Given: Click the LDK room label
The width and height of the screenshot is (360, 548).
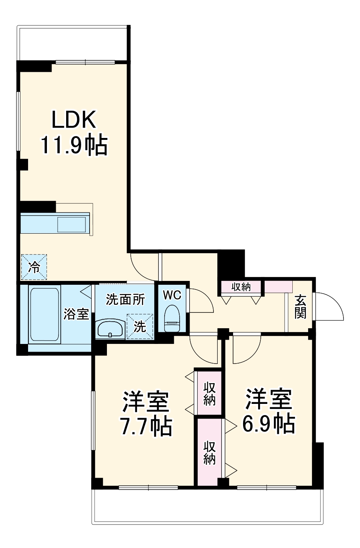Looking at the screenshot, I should click(x=74, y=120).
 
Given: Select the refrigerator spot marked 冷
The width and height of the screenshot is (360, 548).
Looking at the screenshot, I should click(x=34, y=267).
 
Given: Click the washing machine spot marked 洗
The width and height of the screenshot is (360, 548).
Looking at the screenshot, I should click(x=140, y=327).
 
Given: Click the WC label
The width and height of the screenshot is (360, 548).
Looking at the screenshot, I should click(x=172, y=295).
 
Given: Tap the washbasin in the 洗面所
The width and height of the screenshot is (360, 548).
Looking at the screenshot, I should click(x=110, y=329).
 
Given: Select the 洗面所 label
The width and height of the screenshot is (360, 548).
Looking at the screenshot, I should click(x=125, y=300).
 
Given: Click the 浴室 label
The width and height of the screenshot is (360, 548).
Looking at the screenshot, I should click(x=76, y=314).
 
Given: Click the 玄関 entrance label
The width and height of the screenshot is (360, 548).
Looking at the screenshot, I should click(x=300, y=307).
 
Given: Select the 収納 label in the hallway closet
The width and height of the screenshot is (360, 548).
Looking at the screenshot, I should click(x=241, y=287).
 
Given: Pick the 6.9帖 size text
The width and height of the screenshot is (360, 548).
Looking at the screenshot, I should click(x=268, y=423).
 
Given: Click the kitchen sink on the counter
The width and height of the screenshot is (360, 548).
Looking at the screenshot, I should click(x=72, y=224).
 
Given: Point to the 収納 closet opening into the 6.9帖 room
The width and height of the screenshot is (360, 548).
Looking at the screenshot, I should click(x=210, y=452).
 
